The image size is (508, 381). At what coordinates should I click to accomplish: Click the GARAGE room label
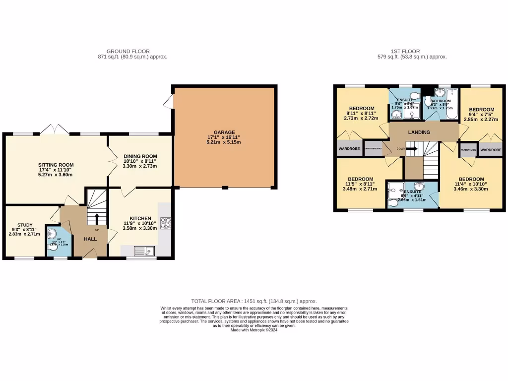click(224, 132)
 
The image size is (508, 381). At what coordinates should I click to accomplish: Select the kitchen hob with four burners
click(165, 223)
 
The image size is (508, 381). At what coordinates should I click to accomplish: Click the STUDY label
click(24, 224)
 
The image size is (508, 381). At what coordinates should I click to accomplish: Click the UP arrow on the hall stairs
click(96, 219)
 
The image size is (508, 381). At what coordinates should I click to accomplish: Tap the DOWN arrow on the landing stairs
click(412, 148)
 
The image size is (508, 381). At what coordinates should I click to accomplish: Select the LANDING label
click(419, 132)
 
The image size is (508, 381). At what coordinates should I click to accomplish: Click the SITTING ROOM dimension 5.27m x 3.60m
click(56, 175)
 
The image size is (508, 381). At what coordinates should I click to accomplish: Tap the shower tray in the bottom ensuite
click(396, 189)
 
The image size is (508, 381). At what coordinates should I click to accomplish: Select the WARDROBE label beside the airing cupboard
click(349, 148)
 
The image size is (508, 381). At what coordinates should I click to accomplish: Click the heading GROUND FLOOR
click(128, 51)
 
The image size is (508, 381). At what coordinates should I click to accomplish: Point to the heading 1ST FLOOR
click(405, 51)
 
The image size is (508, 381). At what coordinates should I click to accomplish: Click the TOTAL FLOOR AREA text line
click(254, 301)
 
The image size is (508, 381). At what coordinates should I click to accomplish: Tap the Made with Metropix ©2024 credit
click(254, 330)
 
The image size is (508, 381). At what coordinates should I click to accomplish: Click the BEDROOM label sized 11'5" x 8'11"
click(360, 179)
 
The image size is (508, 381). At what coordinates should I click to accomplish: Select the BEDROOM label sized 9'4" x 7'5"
click(482, 110)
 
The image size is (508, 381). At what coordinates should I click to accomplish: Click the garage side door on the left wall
click(170, 101)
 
